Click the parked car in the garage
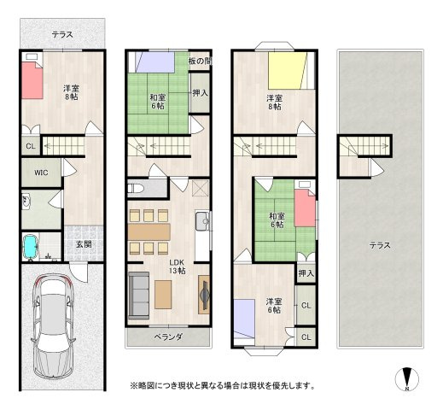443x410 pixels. [x=54, y=326]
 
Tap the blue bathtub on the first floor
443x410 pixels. [x=30, y=247]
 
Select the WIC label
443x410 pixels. [x=41, y=173]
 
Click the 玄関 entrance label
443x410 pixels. [x=84, y=244]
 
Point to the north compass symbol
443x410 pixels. [x=407, y=379]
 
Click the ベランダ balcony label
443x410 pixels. [x=168, y=337]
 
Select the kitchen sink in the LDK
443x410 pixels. [x=202, y=221]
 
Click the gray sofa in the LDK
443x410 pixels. [x=139, y=296]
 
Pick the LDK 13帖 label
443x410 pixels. [x=177, y=266]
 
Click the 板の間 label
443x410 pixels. [x=200, y=61]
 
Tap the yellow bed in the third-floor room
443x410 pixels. [x=288, y=70]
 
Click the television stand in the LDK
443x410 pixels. [x=204, y=295]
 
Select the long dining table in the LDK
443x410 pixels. [x=149, y=231]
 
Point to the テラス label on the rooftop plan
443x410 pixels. [x=380, y=245]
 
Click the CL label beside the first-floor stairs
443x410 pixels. [x=31, y=146]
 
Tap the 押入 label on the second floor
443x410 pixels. [x=201, y=93]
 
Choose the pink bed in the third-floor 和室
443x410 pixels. [x=305, y=208]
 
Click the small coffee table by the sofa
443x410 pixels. [x=163, y=295]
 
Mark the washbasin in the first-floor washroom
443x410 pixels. [x=26, y=201]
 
